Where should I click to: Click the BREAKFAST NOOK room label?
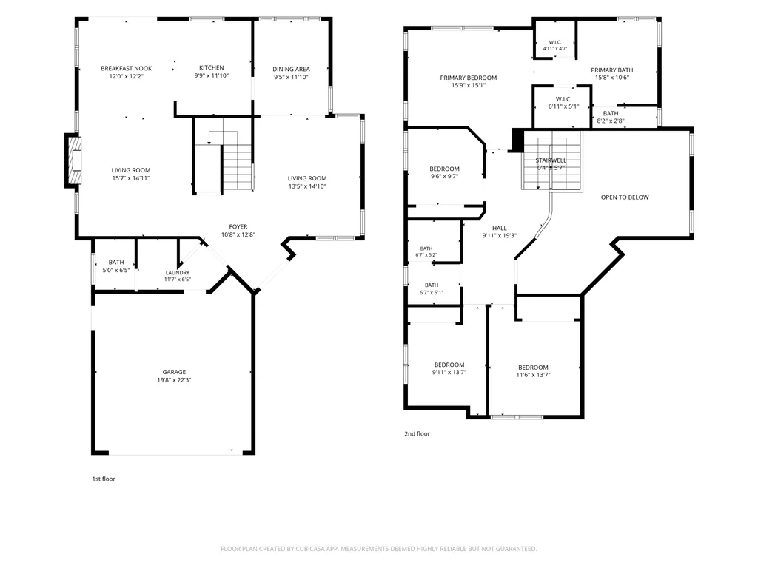click(126, 69)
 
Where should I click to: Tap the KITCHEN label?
click(212, 67)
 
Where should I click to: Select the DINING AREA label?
click(291, 69)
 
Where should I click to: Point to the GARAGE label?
click(174, 372)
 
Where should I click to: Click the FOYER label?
click(238, 226)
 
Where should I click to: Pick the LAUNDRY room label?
click(178, 272)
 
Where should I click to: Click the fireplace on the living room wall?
click(73, 160)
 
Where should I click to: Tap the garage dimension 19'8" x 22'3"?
click(174, 380)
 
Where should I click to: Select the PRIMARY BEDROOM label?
click(469, 78)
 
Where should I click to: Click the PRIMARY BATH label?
click(612, 70)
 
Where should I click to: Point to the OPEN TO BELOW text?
click(625, 197)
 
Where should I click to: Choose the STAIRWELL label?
click(551, 160)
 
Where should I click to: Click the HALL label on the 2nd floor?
click(500, 228)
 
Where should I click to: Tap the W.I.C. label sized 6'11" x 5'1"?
click(563, 99)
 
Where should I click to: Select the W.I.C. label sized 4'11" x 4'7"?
click(555, 42)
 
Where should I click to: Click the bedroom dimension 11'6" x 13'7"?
click(533, 375)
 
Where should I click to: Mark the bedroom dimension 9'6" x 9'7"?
click(444, 177)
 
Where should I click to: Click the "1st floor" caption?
click(104, 479)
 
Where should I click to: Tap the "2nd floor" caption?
click(417, 433)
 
